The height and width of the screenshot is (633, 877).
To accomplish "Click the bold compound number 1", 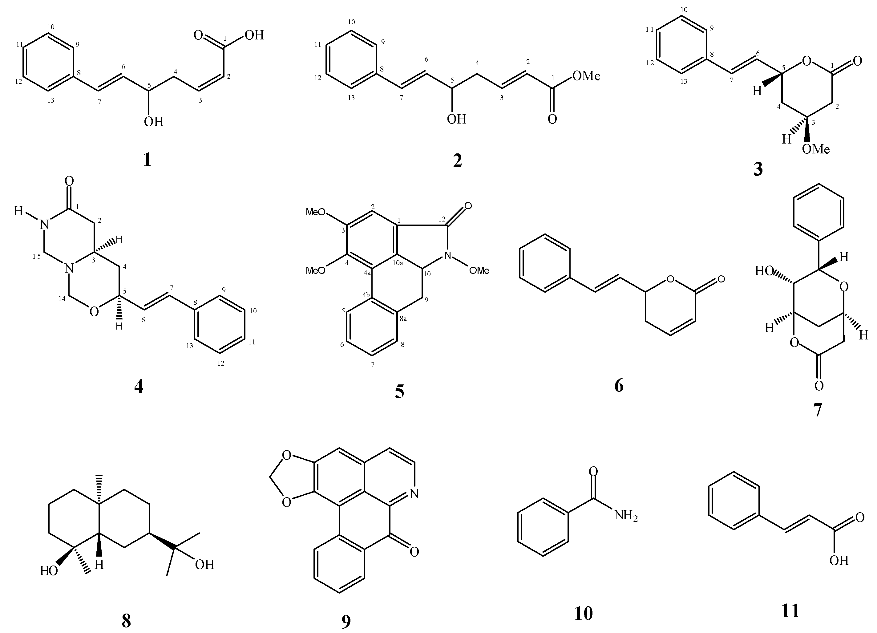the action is click(x=147, y=160).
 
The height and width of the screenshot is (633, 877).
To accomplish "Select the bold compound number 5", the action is click(x=399, y=392).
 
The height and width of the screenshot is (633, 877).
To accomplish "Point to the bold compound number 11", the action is click(x=790, y=611).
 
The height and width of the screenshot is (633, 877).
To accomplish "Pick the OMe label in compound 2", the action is click(x=586, y=76).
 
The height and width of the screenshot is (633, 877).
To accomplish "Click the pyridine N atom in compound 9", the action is click(x=414, y=493).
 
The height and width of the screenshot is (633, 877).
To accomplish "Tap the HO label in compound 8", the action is click(x=49, y=571).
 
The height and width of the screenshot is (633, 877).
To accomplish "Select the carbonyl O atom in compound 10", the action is click(x=593, y=472).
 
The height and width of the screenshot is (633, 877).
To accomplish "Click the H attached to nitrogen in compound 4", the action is click(x=18, y=211).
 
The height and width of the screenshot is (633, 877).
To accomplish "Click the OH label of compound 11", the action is click(x=839, y=560).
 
